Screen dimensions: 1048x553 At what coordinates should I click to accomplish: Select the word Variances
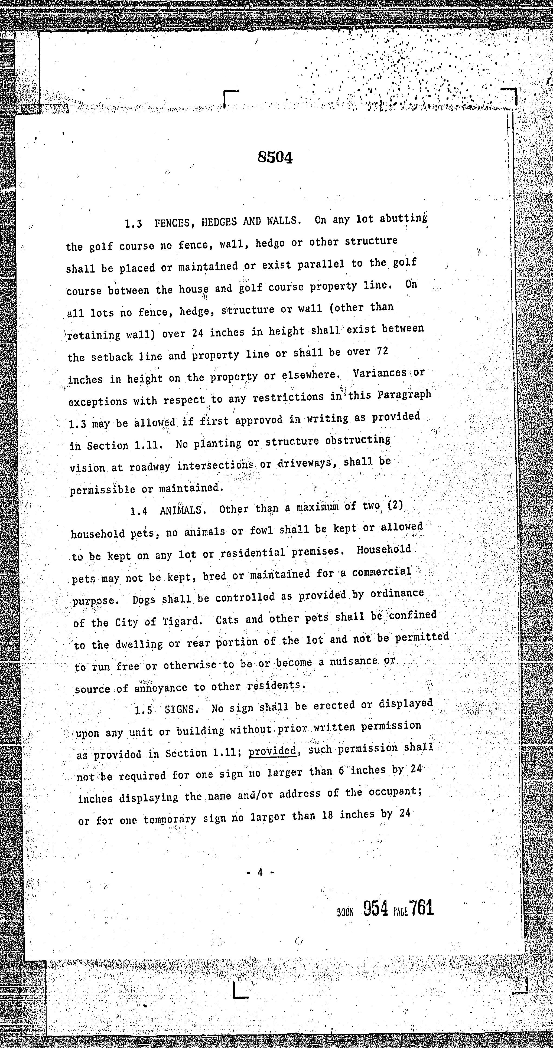(x=380, y=373)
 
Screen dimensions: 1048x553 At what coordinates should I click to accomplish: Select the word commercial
(x=381, y=572)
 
